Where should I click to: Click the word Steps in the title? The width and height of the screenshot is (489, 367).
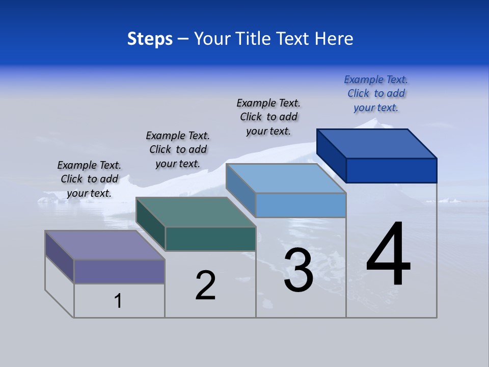click(150, 39)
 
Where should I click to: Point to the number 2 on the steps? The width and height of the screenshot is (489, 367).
click(205, 285)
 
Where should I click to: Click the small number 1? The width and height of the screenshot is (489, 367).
click(118, 301)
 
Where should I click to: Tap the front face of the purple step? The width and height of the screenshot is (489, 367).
click(119, 271)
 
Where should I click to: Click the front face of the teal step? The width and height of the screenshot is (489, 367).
click(210, 239)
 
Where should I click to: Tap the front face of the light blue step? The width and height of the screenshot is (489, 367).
click(301, 205)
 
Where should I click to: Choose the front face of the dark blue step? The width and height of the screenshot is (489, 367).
click(391, 170)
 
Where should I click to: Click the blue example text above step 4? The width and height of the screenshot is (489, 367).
click(376, 94)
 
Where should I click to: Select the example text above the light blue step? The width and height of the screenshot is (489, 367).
click(268, 117)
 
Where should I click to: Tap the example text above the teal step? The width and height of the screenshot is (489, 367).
click(178, 149)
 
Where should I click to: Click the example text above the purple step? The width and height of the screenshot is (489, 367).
click(89, 179)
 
